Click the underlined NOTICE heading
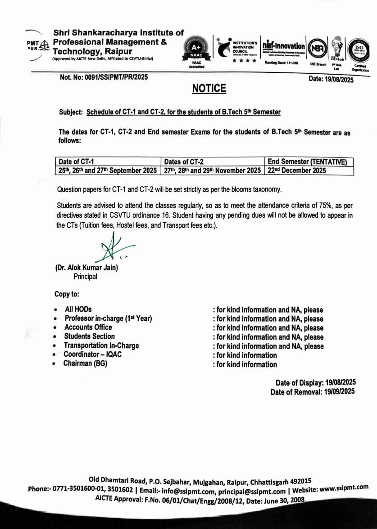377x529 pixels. (209, 89)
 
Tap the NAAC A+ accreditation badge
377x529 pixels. (195, 49)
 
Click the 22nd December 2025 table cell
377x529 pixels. (297, 170)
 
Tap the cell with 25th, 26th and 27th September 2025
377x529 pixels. (108, 170)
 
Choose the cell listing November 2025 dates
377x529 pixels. (211, 170)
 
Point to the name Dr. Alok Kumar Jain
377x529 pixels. (86, 268)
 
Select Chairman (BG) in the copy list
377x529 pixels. (85, 363)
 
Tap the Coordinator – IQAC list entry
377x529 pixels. (92, 354)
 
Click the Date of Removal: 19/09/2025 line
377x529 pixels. (313, 392)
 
